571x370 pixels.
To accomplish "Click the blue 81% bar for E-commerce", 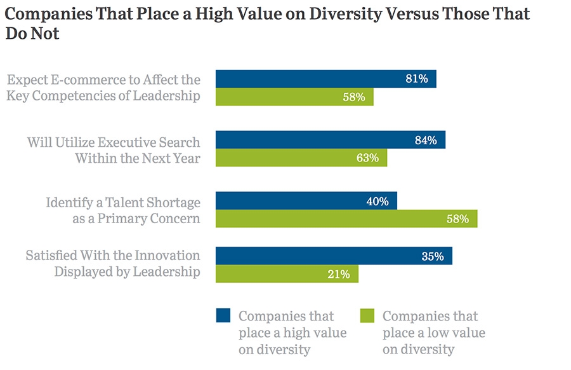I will click(325, 79).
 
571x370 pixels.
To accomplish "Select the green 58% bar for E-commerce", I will click(294, 97).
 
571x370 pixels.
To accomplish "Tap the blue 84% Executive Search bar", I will click(330, 140).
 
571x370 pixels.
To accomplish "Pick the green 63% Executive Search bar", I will click(301, 158).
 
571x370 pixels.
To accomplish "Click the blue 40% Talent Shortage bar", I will click(306, 201).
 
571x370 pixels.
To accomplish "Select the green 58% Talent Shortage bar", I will click(346, 219).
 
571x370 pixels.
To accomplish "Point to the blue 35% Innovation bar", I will click(334, 257).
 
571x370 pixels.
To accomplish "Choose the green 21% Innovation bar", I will click(287, 275).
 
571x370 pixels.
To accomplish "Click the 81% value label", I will click(417, 79).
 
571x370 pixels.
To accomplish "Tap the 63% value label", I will click(367, 158).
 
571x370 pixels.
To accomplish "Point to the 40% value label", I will click(377, 202).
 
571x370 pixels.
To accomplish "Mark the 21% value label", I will click(339, 275).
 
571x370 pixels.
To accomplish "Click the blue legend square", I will click(224, 316).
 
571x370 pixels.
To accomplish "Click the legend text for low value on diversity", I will click(430, 332).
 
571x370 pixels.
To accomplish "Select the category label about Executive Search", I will click(114, 150).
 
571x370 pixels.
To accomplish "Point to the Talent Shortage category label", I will click(123, 210).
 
